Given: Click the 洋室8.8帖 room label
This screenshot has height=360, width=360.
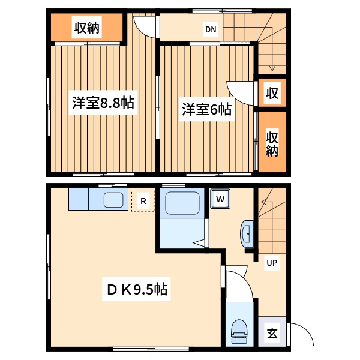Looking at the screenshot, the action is tap(103, 103).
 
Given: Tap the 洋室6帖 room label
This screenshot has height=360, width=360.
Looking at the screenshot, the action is tap(206, 109).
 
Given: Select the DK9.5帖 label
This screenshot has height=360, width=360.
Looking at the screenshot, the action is tap(137, 289).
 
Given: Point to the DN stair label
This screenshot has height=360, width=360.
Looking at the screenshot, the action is tap(211, 29).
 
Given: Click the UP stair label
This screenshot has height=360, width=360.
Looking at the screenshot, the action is tap(272, 262).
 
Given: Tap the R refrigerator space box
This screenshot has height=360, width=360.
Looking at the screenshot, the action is tap(143, 200).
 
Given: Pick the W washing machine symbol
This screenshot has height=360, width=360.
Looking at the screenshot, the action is tap(220, 199).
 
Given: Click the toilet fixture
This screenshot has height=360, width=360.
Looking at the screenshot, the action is tap(239, 331).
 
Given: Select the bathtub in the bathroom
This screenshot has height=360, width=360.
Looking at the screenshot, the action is tap(182, 203).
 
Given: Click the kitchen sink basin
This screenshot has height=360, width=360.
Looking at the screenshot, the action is tap(113, 200).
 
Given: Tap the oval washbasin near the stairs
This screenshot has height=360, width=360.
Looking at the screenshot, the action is tap(247, 234).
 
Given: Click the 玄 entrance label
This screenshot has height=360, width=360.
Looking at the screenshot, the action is tap(272, 332).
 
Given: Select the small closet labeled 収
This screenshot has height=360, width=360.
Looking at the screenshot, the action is tap(272, 93).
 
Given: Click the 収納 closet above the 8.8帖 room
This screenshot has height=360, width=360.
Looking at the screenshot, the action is tap(86, 28).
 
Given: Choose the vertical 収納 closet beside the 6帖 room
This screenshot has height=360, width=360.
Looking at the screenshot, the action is tap(272, 142).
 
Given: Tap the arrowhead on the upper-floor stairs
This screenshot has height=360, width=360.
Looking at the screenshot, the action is tap(272, 68).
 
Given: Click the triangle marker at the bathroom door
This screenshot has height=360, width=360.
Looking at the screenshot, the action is tap(199, 243).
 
